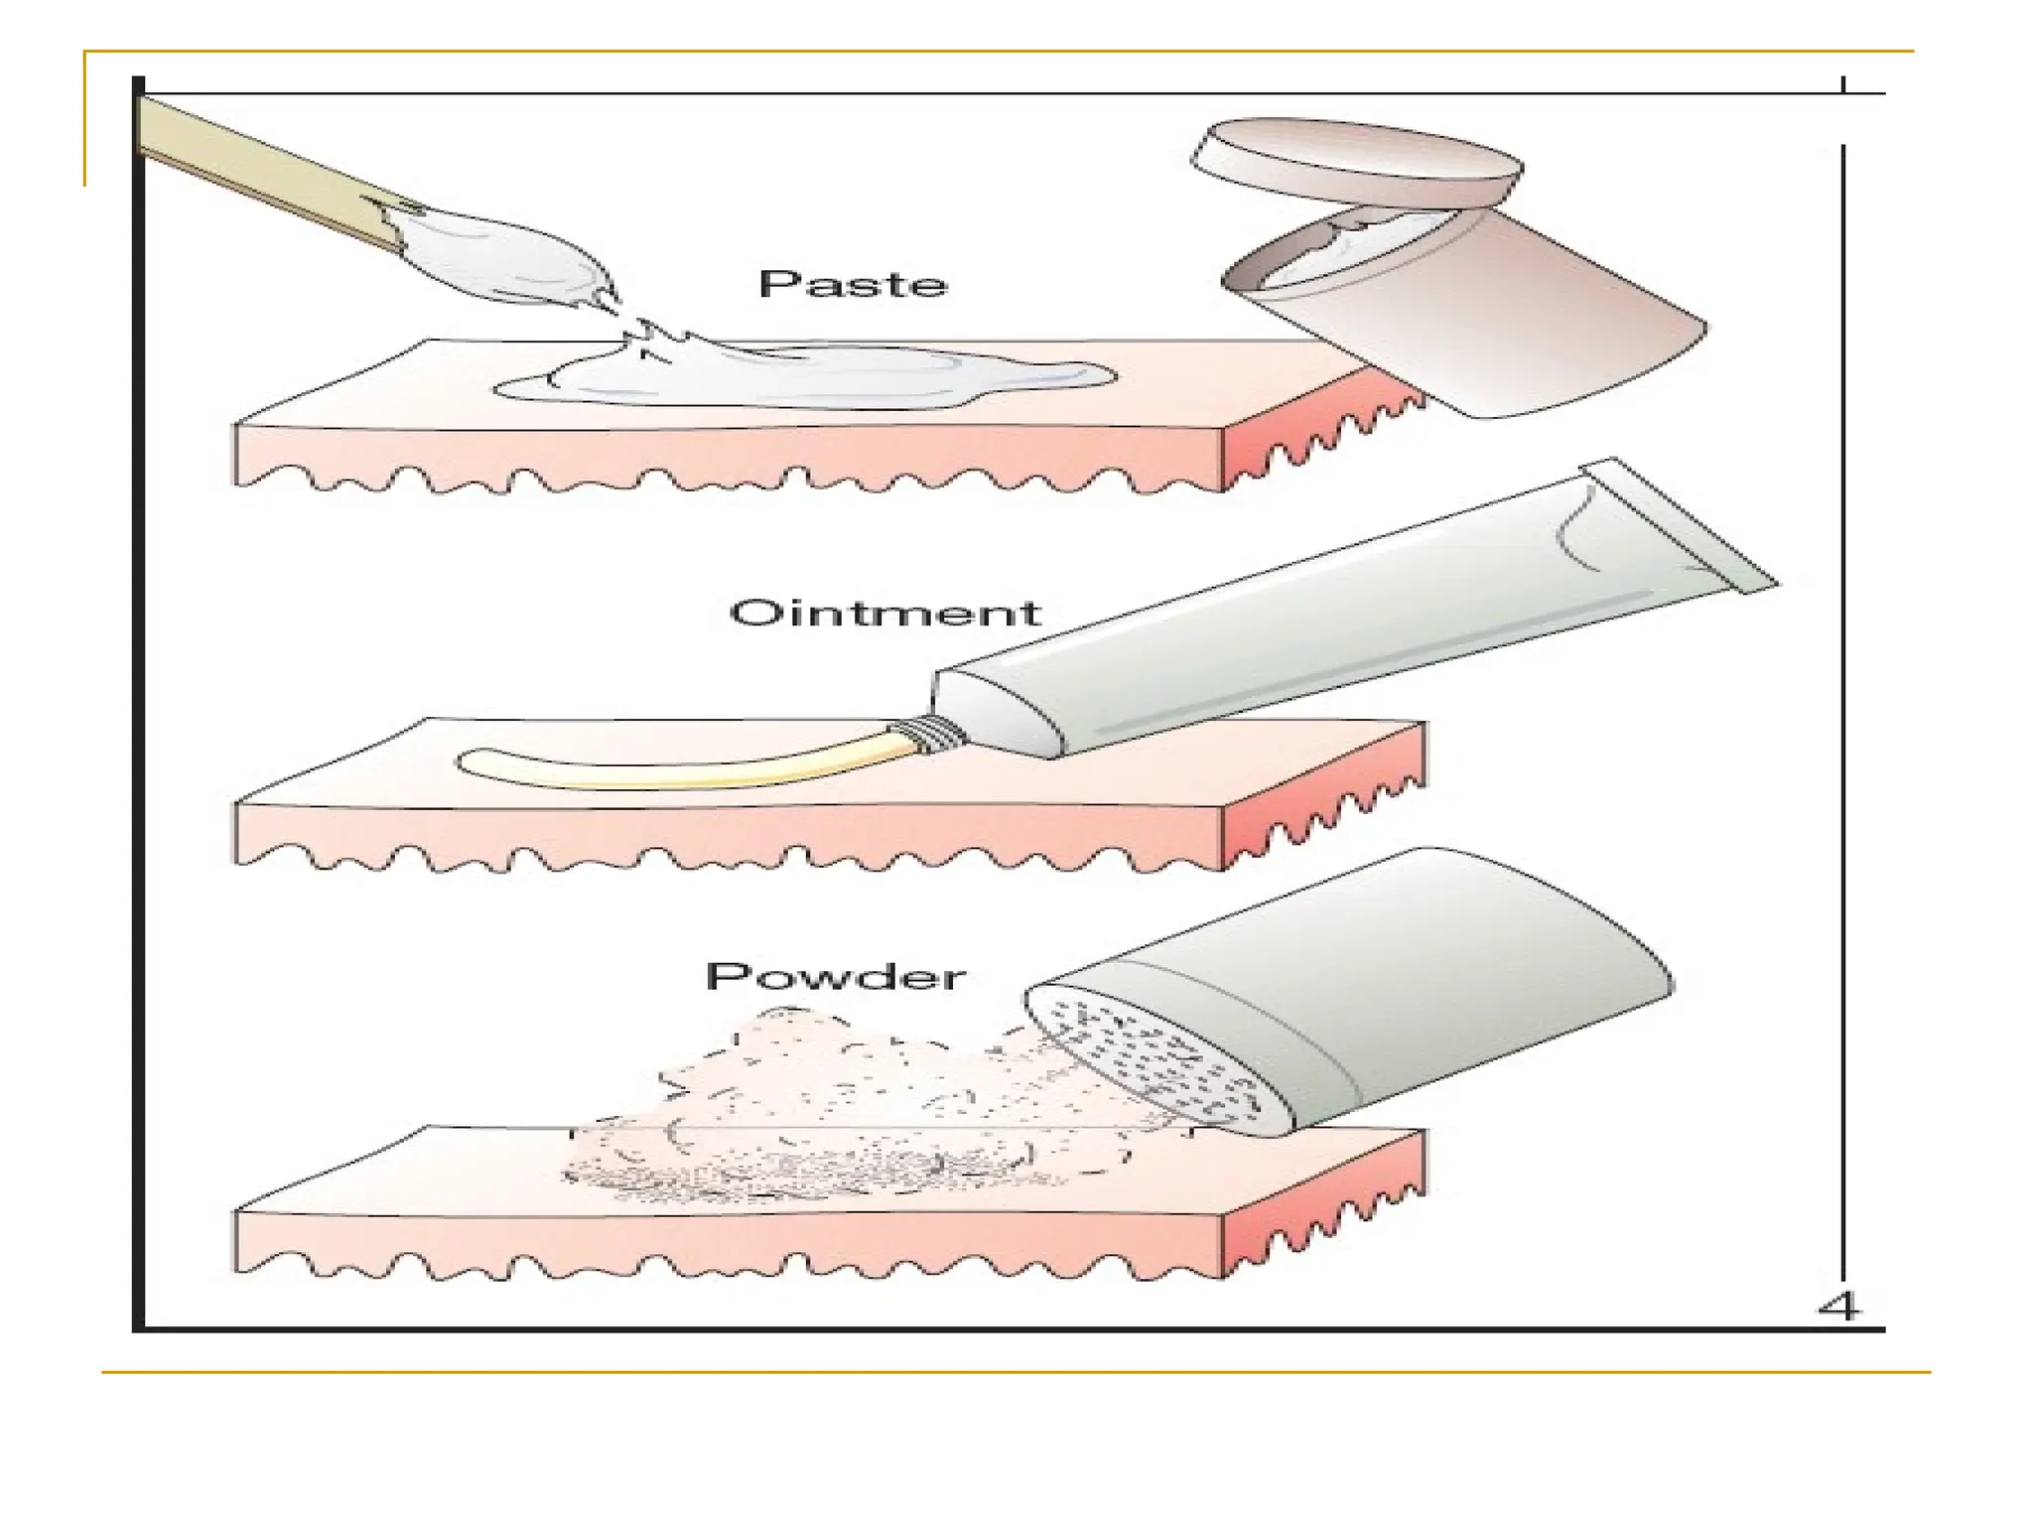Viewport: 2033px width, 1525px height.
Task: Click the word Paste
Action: coord(853,285)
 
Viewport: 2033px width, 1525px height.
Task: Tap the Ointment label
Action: coord(884,613)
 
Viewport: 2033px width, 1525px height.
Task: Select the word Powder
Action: coord(835,976)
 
